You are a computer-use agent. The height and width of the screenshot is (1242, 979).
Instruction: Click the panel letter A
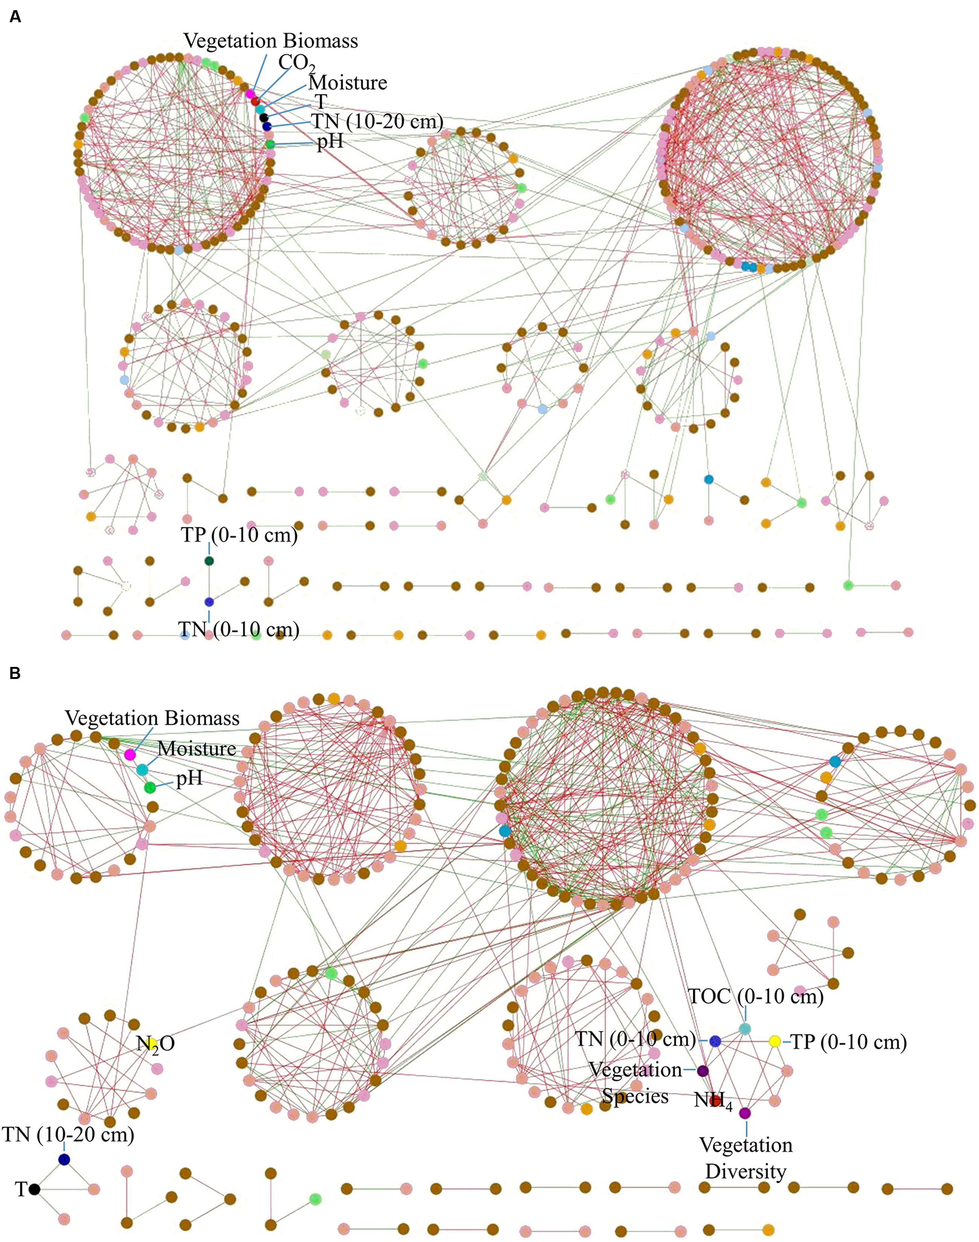click(x=15, y=17)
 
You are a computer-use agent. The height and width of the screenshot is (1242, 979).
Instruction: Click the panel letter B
click(x=15, y=673)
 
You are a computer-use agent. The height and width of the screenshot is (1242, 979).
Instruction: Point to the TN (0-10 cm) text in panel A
click(x=239, y=630)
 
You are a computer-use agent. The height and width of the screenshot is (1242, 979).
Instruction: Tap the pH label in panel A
click(x=330, y=142)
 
